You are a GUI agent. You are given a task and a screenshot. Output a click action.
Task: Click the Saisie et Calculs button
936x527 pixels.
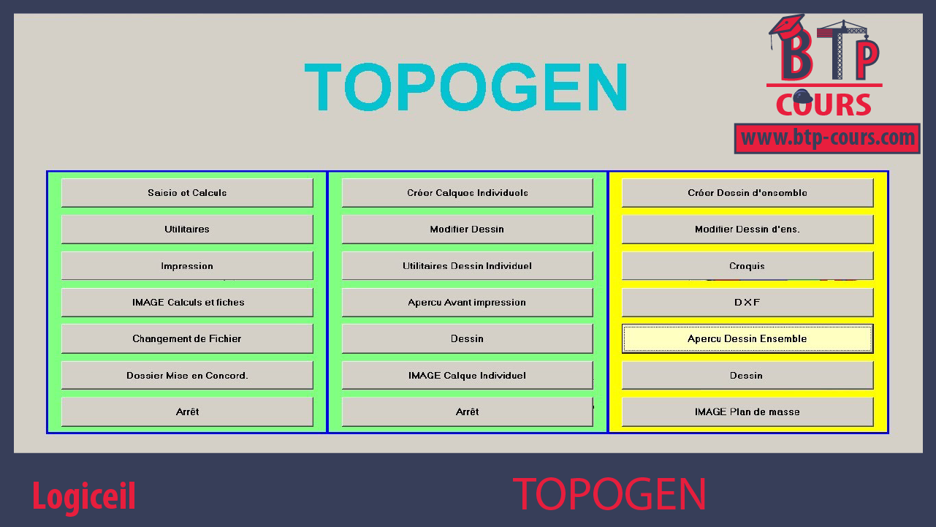click(187, 193)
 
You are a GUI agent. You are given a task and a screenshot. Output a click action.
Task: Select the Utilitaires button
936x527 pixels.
click(187, 230)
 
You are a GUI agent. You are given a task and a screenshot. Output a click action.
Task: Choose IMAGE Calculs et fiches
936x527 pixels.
click(187, 303)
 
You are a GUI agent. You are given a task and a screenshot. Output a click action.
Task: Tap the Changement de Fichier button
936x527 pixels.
click(187, 339)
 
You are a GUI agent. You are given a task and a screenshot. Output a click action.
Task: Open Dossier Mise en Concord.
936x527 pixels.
click(187, 376)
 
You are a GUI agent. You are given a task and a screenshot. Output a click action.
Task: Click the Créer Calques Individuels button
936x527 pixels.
click(467, 193)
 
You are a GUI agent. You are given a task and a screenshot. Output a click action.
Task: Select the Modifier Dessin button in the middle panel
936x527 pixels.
click(467, 230)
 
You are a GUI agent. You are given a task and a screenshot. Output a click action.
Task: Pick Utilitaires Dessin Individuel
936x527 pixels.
click(467, 266)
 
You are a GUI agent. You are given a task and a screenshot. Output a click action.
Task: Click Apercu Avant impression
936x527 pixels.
click(467, 303)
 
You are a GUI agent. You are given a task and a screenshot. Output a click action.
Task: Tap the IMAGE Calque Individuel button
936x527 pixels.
click(467, 376)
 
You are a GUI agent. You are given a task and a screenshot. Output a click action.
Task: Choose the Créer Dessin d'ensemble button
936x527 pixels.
click(747, 193)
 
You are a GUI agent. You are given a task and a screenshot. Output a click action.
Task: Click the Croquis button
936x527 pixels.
click(747, 266)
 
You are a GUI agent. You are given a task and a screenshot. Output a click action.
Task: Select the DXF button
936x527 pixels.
click(747, 303)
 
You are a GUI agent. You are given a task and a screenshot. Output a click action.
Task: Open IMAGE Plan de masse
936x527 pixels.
click(747, 412)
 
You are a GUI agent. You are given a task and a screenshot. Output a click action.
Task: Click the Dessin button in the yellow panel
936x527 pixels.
click(747, 376)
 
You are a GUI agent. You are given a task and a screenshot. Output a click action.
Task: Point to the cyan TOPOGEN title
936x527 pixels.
click(465, 87)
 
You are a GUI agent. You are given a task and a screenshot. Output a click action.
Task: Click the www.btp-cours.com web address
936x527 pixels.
click(827, 138)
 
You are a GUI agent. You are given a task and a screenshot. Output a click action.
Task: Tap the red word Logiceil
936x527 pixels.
click(83, 496)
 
